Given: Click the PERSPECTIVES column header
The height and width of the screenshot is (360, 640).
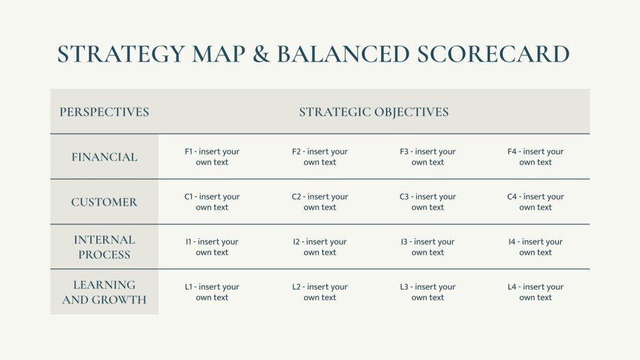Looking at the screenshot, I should pos(105,112).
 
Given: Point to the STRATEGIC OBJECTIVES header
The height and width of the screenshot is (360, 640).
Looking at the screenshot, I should pos(374,112).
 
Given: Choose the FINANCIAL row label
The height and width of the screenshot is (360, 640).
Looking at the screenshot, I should pos(105,157).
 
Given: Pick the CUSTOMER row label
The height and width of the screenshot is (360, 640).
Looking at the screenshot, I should pos(105,202).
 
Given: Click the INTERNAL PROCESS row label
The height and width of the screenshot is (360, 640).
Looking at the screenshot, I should pos(105,247).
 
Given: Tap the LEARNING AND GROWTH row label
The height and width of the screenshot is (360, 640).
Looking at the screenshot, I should pos(105,292).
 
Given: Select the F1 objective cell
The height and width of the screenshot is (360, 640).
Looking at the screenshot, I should pos(212,157).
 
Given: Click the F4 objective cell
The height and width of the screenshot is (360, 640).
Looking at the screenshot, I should pos(535,157).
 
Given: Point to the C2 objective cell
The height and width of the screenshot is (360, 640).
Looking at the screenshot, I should pos(320,202).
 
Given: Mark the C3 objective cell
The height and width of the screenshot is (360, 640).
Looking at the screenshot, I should pos(428,202).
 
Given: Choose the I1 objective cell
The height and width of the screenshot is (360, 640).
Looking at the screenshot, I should pos(212,247).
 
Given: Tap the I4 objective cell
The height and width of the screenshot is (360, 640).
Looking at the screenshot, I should pos(535,247).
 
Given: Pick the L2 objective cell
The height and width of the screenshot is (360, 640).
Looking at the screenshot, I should pos(320,292).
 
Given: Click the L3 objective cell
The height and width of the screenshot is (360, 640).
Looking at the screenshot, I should pos(428,292).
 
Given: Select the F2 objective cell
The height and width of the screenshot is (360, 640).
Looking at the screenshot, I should pos(320,157).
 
